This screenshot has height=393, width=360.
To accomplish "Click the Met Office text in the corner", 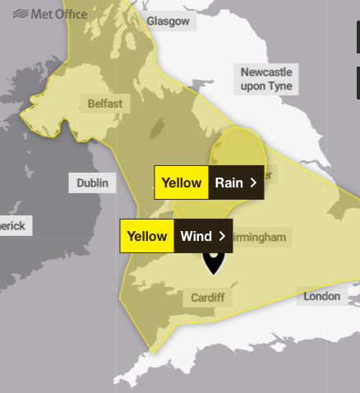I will tap(60, 14).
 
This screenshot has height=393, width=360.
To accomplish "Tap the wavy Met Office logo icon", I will tap(21, 14).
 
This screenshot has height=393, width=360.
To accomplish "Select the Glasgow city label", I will tap(168, 21).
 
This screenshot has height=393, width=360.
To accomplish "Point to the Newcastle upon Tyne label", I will tap(265, 79).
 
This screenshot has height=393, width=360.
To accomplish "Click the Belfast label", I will tap(104, 104).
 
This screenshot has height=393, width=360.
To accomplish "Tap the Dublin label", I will tap(92, 183).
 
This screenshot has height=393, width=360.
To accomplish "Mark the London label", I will tap(321, 296).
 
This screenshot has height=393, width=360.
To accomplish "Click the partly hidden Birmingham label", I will tap(261, 238).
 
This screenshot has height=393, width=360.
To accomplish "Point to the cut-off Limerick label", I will tap(13, 225).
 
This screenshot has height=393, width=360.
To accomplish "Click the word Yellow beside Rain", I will tap(181, 183).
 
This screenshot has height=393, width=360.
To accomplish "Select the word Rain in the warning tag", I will tap(228, 183).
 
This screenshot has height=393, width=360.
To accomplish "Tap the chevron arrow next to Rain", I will tap(253, 183).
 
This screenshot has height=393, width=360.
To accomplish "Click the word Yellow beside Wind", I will tap(146, 236).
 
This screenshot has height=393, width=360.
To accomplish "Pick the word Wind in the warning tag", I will tap(196, 236).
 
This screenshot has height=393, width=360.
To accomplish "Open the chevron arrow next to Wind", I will tap(222, 236).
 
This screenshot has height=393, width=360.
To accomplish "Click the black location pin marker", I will tap(214, 261).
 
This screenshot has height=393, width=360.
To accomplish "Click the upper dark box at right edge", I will tap(358, 38).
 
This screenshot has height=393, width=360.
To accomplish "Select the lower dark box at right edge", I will tap(358, 81).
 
